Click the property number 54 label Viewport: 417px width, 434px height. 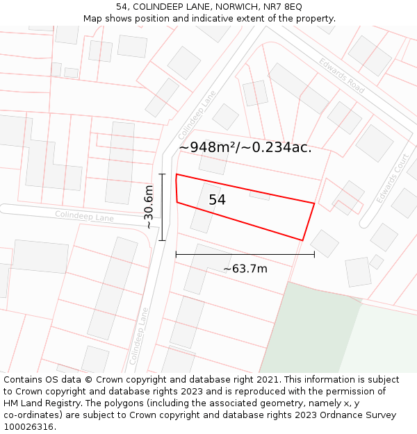(x=217, y=200)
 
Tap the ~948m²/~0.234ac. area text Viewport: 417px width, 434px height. (x=245, y=147)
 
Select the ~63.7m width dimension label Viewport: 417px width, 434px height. (x=245, y=269)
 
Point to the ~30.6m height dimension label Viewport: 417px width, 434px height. (x=149, y=207)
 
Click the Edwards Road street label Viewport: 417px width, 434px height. (x=342, y=76)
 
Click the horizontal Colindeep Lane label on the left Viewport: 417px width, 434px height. (x=84, y=217)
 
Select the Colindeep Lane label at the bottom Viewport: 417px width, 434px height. (x=139, y=336)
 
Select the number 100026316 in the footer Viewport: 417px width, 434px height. (x=28, y=427)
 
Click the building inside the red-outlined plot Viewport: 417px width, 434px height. (x=206, y=209)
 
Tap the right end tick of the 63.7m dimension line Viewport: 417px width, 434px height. (x=314, y=255)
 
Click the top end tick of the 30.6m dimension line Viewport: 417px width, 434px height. (x=162, y=174)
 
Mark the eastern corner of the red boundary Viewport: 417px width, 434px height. (x=314, y=203)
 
